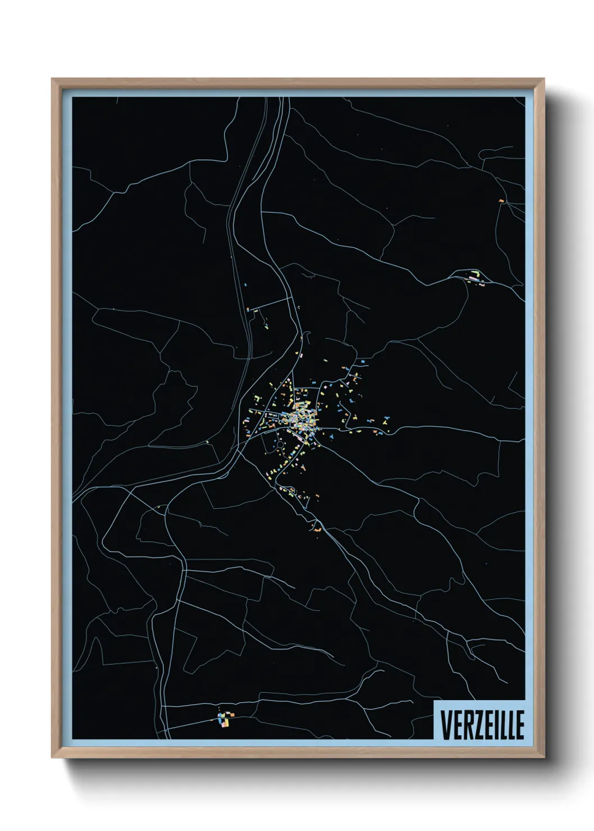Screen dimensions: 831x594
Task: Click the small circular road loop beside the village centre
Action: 280,444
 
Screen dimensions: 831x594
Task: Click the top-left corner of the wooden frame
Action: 52,79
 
